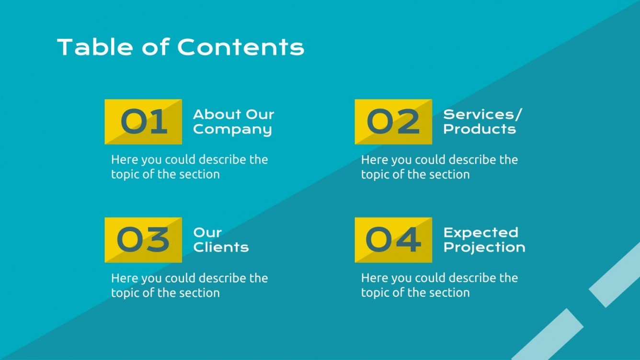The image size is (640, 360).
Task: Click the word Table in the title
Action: (x=94, y=47)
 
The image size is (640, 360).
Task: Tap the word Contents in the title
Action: (x=240, y=47)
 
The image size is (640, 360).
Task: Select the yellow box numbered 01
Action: (x=143, y=122)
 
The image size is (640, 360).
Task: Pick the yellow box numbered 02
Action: (x=393, y=122)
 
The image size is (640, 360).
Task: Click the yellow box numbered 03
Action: (x=143, y=240)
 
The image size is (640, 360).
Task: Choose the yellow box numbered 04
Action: (x=393, y=240)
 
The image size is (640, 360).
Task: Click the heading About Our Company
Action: (x=233, y=122)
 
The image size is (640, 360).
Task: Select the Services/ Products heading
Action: (x=482, y=122)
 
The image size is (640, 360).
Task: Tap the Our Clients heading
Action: (x=221, y=240)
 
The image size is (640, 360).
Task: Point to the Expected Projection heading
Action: (x=484, y=240)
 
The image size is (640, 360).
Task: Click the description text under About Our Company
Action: (x=189, y=167)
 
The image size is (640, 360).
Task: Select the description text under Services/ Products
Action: (x=439, y=167)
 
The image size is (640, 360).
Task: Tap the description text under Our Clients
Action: (x=189, y=285)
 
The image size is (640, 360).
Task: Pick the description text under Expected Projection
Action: (x=439, y=285)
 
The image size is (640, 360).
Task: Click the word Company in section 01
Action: (x=232, y=129)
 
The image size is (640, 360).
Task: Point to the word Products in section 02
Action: (x=480, y=129)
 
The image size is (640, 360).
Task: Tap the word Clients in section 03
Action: (x=221, y=247)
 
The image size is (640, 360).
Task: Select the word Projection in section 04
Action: (x=484, y=247)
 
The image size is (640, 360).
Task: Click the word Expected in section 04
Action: (x=480, y=233)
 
